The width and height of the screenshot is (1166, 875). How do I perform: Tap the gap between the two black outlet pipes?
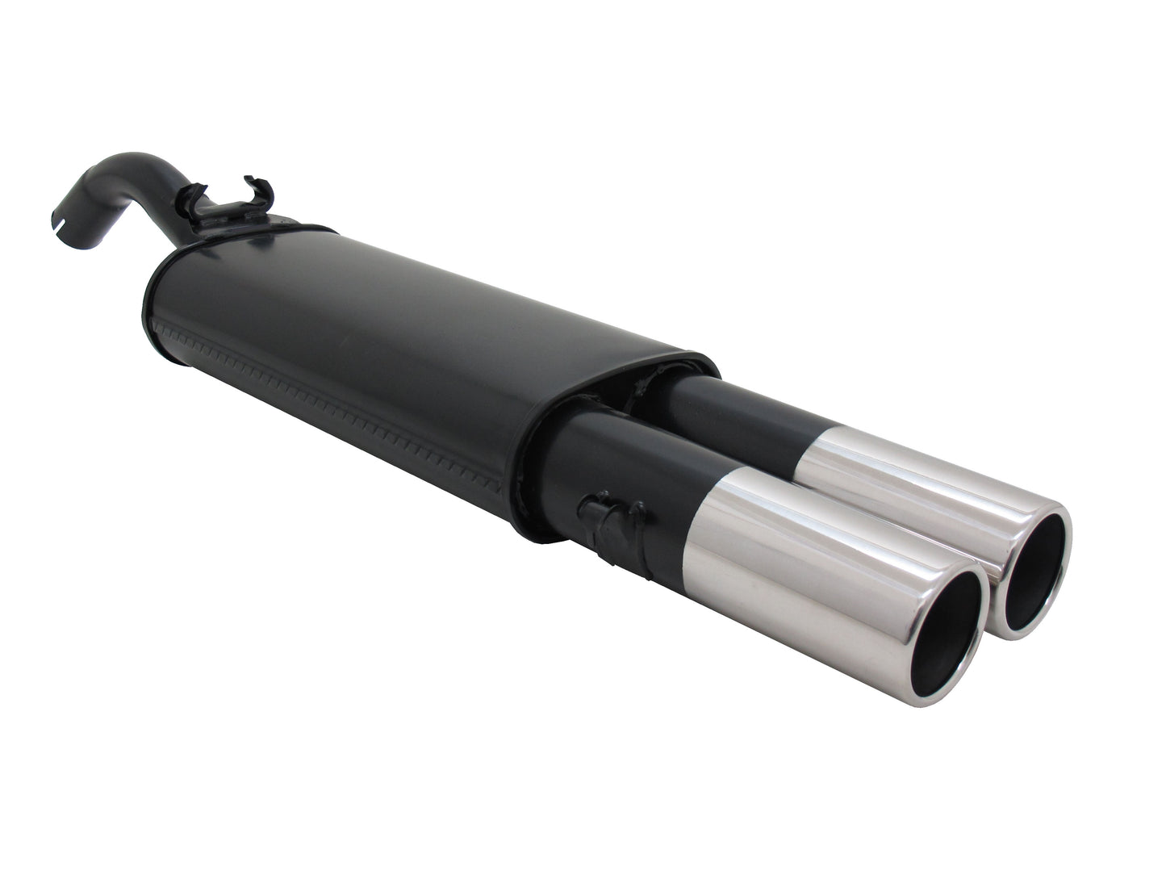click(686, 436)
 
